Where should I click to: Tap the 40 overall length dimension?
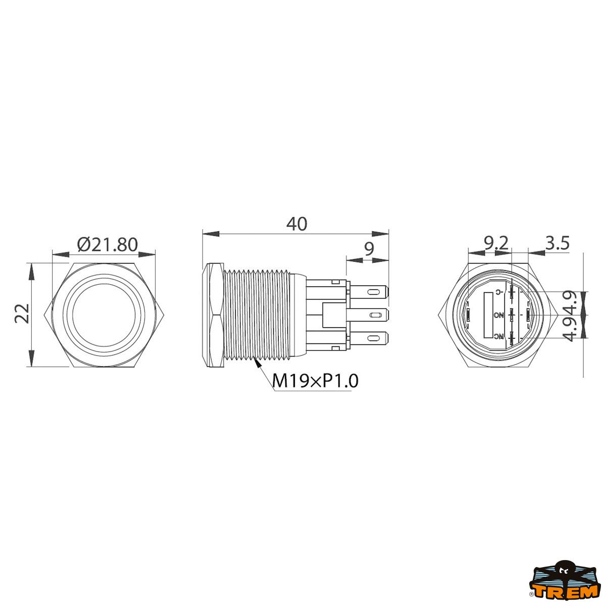296,224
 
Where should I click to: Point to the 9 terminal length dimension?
369,248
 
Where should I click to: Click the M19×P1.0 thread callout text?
315,381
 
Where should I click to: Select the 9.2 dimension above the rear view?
495,244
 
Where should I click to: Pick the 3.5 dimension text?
557,244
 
